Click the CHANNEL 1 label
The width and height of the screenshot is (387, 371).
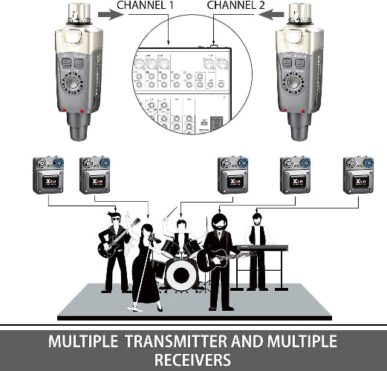161,7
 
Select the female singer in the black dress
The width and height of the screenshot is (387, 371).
146,267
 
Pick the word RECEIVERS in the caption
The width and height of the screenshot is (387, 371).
193,361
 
